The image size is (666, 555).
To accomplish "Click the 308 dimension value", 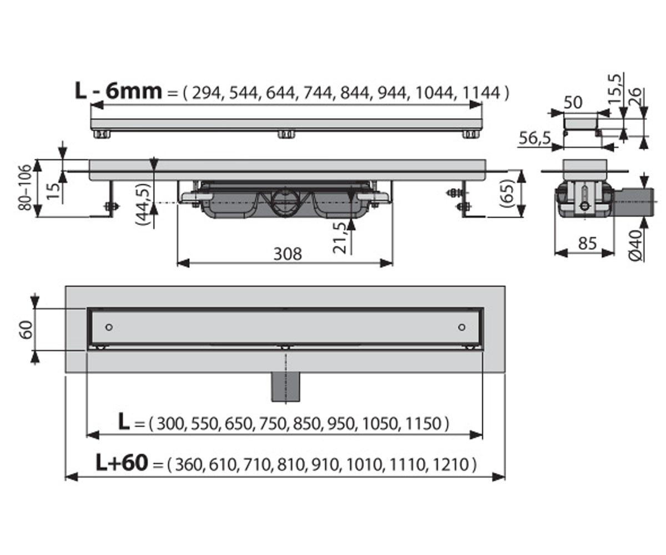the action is click(287, 254).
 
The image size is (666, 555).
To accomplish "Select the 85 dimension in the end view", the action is click(587, 244).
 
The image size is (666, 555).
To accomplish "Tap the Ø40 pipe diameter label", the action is click(635, 245).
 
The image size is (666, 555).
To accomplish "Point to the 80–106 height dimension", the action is click(26, 188).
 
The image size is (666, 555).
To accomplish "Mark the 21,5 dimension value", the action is click(339, 238).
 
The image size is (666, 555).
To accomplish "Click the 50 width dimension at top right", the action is click(573, 103).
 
